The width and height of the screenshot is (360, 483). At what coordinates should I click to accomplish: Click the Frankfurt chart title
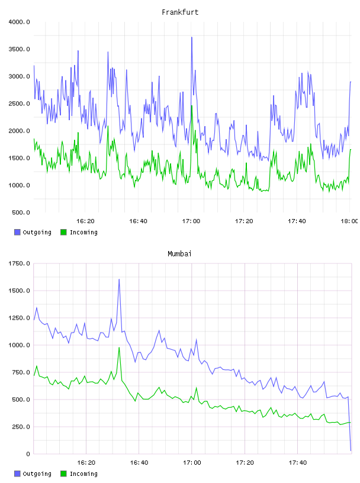click(x=180, y=12)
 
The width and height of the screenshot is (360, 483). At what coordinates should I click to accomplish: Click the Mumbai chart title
click(x=179, y=254)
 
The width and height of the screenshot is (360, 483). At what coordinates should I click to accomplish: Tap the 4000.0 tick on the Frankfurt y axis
click(x=20, y=22)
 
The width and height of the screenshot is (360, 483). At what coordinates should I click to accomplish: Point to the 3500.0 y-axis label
click(x=20, y=49)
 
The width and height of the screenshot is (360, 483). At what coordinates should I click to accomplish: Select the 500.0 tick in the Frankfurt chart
click(x=21, y=212)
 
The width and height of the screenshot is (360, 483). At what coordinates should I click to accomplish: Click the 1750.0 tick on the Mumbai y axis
click(x=20, y=263)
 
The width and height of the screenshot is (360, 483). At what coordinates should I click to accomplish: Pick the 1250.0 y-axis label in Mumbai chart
click(x=20, y=318)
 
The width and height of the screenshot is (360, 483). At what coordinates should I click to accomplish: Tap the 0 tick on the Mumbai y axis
click(x=28, y=454)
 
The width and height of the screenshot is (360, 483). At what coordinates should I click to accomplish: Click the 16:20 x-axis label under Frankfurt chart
click(x=85, y=221)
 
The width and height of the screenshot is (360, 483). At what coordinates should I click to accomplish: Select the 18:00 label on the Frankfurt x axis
click(x=349, y=221)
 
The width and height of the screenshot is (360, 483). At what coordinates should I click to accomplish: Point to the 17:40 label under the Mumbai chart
click(x=298, y=463)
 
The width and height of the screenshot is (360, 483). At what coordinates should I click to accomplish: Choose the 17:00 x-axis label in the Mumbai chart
click(x=192, y=463)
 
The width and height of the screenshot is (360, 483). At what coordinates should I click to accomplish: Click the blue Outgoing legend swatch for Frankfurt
click(x=17, y=232)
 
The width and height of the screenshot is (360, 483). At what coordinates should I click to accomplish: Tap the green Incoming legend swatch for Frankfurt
click(x=63, y=232)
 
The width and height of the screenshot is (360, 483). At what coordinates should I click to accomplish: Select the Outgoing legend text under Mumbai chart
click(x=37, y=474)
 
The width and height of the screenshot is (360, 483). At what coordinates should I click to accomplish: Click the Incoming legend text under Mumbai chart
click(x=83, y=474)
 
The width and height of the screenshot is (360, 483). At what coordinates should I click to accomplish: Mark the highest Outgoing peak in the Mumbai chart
click(x=119, y=279)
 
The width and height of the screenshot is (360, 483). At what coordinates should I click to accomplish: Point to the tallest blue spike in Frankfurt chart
click(x=192, y=37)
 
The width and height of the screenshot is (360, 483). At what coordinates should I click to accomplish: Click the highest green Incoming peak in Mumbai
click(x=119, y=347)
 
